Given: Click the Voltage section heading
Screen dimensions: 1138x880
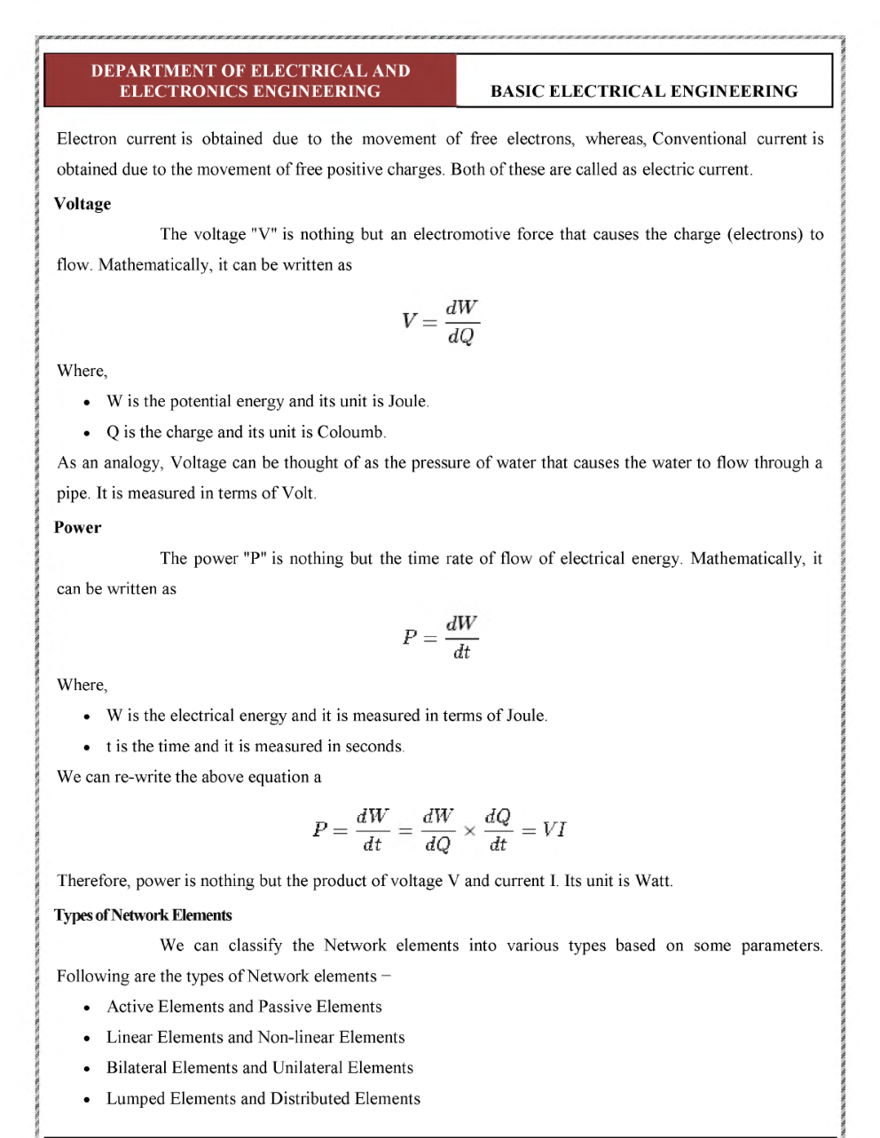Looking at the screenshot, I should click(x=82, y=204).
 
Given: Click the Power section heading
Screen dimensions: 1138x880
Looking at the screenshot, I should click(x=77, y=528).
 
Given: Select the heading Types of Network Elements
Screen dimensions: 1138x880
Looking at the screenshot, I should click(x=143, y=915).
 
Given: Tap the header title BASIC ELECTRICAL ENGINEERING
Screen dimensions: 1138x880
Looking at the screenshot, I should click(x=644, y=91).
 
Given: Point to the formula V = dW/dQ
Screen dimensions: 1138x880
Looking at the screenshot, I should click(x=441, y=321).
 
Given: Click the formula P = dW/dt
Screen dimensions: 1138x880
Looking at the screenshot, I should click(x=441, y=637).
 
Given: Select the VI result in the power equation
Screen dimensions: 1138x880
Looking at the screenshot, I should click(x=554, y=829).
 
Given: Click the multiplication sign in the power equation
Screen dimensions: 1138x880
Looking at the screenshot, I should click(x=469, y=831).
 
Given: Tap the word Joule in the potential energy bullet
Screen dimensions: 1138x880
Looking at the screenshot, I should click(x=407, y=402).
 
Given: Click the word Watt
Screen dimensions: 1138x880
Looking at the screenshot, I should click(x=652, y=881).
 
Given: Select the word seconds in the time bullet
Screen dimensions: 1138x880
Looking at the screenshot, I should click(x=373, y=747).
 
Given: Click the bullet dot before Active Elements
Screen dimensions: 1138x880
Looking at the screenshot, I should click(x=86, y=1009).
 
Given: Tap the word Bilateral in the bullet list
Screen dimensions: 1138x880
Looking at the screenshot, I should click(x=137, y=1068).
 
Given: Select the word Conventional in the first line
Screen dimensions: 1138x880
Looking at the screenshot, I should click(x=699, y=139).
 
